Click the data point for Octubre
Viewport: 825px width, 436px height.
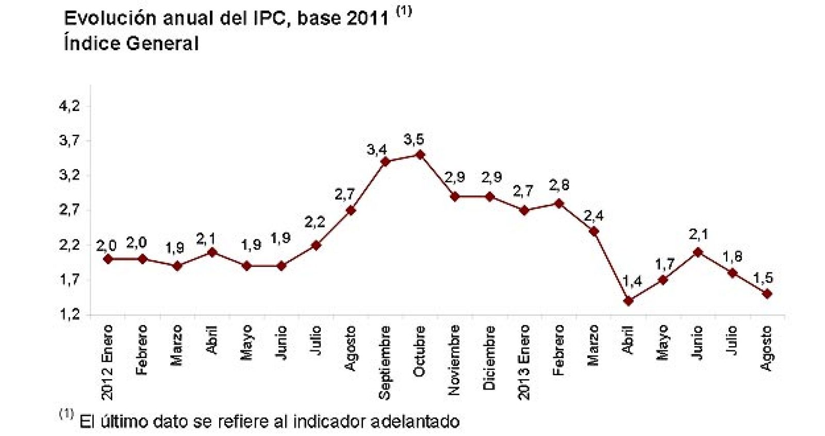coord(420,154)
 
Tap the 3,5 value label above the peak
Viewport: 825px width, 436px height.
coord(414,139)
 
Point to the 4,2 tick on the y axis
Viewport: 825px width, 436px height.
coord(70,106)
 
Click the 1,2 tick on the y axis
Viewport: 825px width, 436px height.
coord(70,314)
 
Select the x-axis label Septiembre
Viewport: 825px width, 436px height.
coord(385,362)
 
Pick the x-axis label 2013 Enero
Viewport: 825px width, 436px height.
coord(524,362)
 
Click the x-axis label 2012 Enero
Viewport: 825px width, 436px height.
coord(107,362)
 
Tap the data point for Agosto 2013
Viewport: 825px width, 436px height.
coord(767,294)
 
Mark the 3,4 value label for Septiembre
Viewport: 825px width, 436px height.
coord(377,150)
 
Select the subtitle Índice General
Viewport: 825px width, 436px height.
coord(131,43)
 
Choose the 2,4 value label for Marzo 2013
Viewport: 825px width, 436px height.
coord(593,216)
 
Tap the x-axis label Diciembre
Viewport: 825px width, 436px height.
coord(489,357)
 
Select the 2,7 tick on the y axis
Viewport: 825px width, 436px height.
coord(70,210)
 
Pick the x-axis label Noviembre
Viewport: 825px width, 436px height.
coord(454,360)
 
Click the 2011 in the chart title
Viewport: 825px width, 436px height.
coord(368,18)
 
